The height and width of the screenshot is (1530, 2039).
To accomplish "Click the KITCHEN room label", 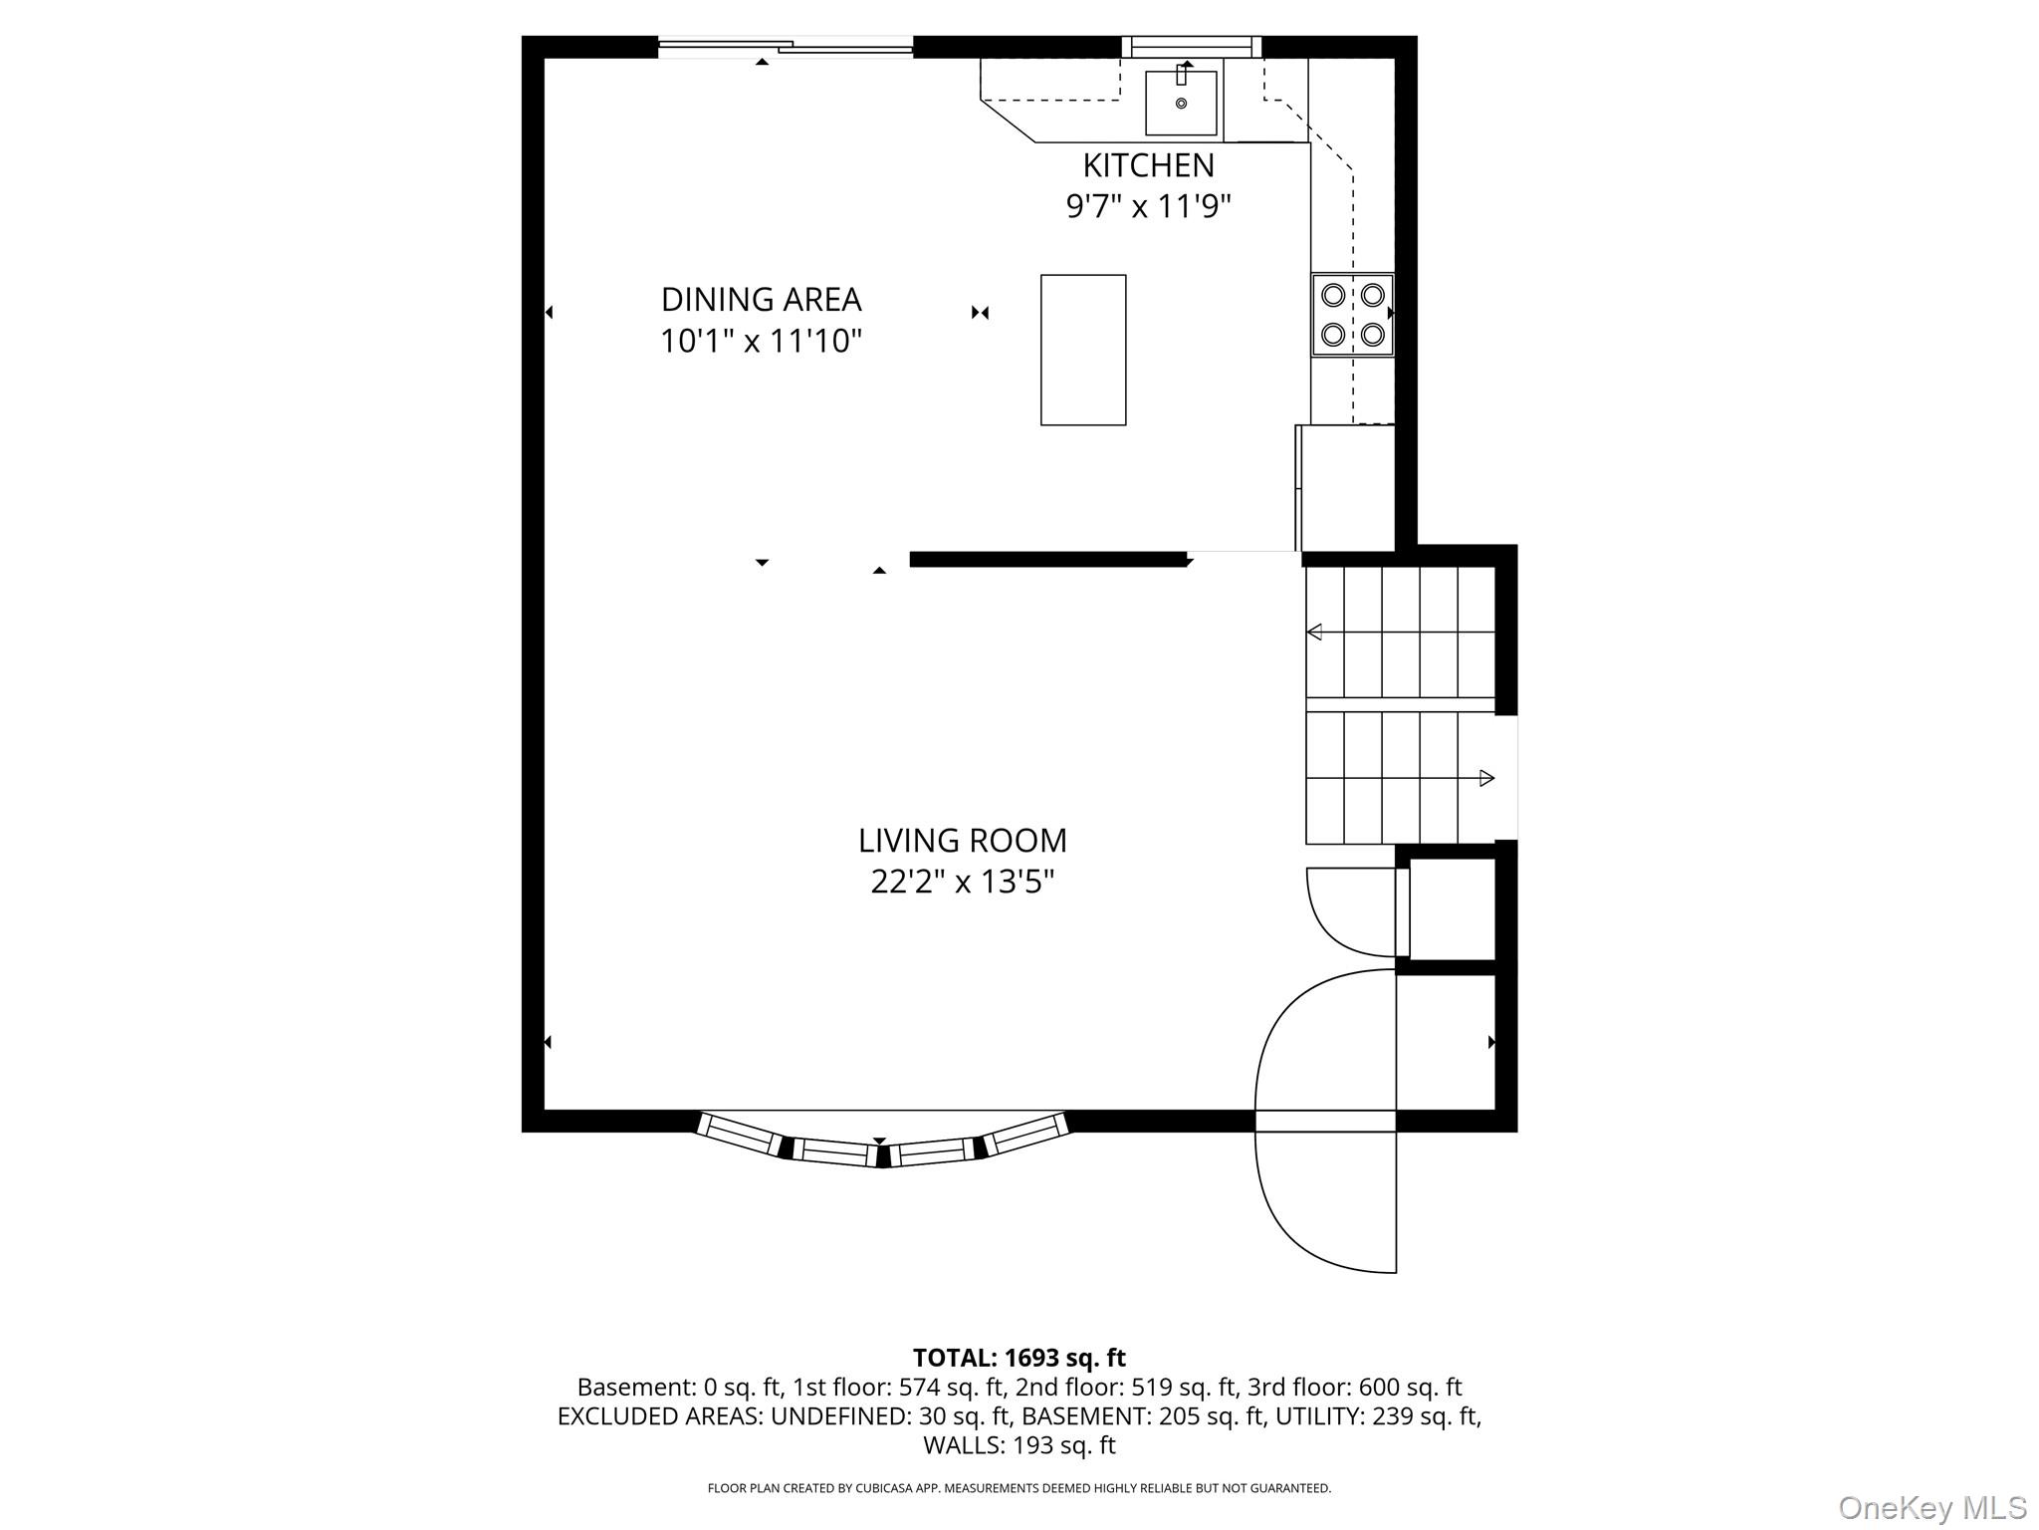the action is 1148,164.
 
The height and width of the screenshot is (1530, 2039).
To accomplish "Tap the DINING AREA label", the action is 761,299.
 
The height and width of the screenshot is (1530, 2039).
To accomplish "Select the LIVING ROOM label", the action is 962,841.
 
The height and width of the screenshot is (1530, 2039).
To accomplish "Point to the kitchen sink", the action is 1181,102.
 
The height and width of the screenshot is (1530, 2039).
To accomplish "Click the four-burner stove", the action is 1352,314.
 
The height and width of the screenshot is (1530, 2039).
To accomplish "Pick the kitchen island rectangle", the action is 1083,350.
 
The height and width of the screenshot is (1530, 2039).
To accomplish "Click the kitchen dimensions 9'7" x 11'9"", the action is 1148,206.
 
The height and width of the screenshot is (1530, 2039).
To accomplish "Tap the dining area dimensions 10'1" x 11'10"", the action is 761,341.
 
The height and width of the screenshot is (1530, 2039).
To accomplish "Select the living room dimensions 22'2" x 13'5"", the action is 962,882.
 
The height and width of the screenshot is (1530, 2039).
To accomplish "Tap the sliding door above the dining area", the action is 786,46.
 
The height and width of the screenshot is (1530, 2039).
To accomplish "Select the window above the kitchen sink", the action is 1192,47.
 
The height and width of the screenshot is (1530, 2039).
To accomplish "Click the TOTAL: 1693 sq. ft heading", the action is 1019,1358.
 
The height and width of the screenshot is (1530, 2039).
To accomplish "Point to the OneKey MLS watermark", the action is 1932,1507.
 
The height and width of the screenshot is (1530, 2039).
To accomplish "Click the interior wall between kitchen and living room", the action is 1048,560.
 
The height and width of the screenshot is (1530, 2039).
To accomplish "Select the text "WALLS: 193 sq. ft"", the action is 1019,1445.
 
